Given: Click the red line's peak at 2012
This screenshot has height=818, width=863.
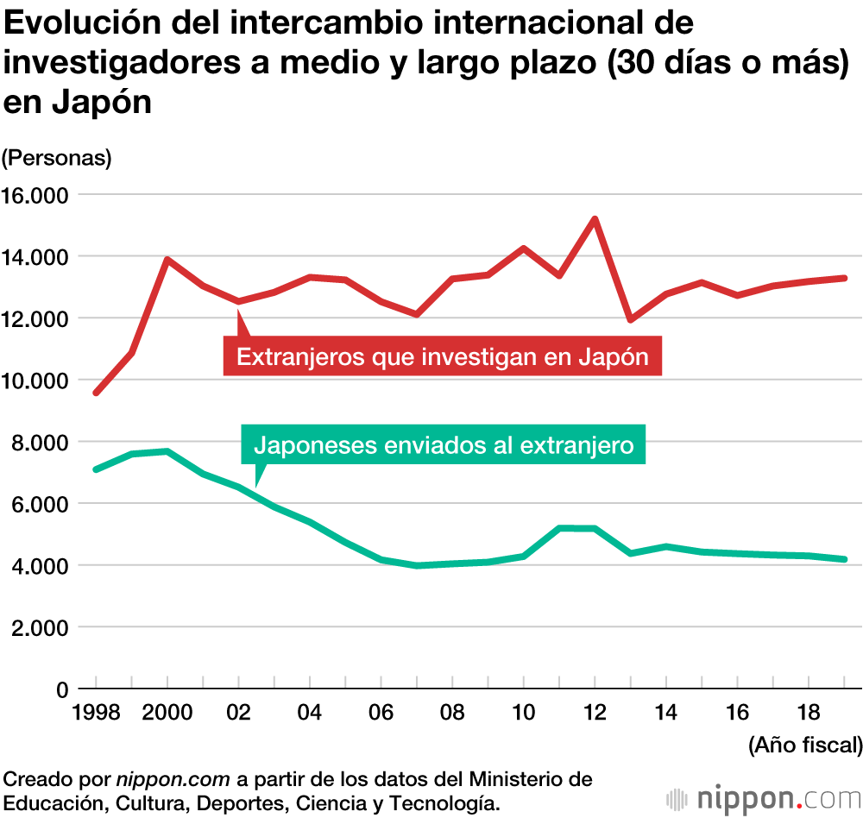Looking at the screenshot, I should (594, 218).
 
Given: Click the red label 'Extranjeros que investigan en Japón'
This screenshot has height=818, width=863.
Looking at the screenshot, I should (442, 356).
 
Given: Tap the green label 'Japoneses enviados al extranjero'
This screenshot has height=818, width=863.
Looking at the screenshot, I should (444, 445).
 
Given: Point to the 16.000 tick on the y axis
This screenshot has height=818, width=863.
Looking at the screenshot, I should (36, 195).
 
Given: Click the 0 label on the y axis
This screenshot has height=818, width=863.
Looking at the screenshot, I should (61, 689).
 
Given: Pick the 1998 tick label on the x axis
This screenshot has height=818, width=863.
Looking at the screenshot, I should (96, 714).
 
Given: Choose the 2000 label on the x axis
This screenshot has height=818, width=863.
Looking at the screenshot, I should (167, 714).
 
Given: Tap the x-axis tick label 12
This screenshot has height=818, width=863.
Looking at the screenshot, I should (594, 714).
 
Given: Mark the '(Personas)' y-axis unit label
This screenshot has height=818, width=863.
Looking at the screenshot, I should (57, 159).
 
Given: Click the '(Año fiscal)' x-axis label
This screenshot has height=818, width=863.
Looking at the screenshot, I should (804, 744).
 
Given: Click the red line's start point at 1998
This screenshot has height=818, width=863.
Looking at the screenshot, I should (96, 393).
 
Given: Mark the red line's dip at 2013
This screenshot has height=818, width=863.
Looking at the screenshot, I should (630, 319).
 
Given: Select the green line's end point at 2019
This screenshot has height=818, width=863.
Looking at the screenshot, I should (844, 559).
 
